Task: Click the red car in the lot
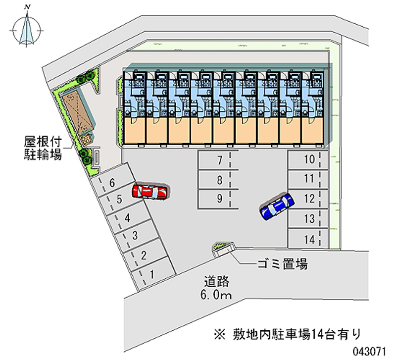(150, 192)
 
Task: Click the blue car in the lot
(277, 206)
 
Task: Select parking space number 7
(218, 160)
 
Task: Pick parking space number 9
(218, 199)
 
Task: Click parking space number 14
(308, 239)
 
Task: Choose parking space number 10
(308, 159)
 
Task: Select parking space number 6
(113, 183)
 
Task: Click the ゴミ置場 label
(282, 264)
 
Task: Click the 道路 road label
(217, 282)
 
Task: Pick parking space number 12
(308, 199)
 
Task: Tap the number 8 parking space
(218, 179)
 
